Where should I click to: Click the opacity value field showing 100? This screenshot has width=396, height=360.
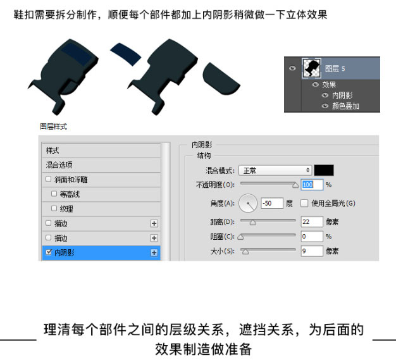click(312, 184)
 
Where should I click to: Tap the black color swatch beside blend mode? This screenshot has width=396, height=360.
click(324, 170)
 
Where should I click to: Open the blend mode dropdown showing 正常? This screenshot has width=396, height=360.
click(275, 170)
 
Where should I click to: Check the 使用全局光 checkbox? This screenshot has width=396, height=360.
click(304, 204)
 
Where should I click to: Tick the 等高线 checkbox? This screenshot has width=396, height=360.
click(54, 194)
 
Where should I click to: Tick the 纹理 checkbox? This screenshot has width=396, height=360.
click(54, 208)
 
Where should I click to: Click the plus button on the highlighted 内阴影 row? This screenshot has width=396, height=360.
click(153, 252)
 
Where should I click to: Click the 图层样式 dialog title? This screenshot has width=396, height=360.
click(54, 127)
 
